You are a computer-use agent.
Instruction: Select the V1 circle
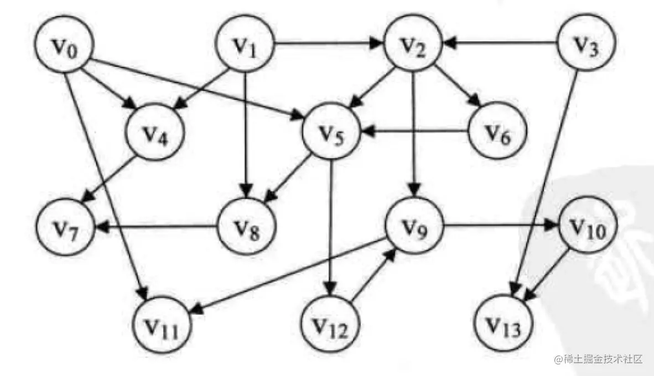pyautogui.click(x=245, y=44)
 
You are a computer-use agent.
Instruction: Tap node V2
pyautogui.click(x=413, y=44)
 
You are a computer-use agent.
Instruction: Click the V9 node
pyautogui.click(x=413, y=225)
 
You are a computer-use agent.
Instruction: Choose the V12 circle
pyautogui.click(x=330, y=325)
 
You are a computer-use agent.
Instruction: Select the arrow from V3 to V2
pyautogui.click(x=500, y=43)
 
